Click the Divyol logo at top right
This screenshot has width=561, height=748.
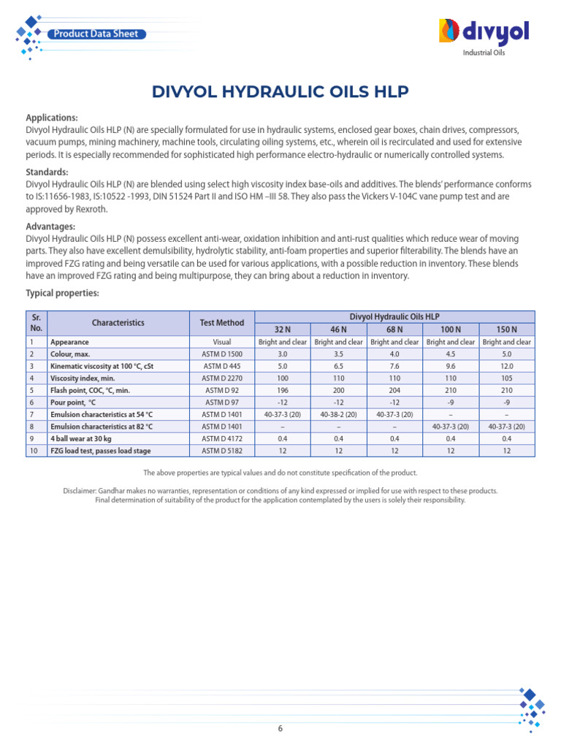pyautogui.click(x=483, y=33)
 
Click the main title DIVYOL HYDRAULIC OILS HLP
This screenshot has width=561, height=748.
pyautogui.click(x=280, y=91)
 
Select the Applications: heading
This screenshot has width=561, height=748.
pyautogui.click(x=52, y=118)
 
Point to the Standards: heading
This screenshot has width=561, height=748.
pyautogui.click(x=47, y=172)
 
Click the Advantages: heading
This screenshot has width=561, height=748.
pyautogui.click(x=50, y=226)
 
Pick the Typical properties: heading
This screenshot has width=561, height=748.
pyautogui.click(x=62, y=293)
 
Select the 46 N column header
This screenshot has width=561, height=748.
pyautogui.click(x=338, y=329)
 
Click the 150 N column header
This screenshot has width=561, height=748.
pyautogui.click(x=507, y=329)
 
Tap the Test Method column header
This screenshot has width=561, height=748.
pyautogui.click(x=222, y=323)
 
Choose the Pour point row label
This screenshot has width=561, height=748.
pyautogui.click(x=73, y=402)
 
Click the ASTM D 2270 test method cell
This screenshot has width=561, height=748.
pyautogui.click(x=222, y=378)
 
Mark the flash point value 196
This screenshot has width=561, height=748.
pyautogui.click(x=282, y=390)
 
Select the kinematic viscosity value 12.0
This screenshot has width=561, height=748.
pyautogui.click(x=507, y=366)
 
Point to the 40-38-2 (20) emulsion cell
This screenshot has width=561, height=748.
pyautogui.click(x=338, y=414)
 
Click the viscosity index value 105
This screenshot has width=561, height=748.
pyautogui.click(x=507, y=378)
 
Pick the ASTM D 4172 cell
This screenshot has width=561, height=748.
pyautogui.click(x=222, y=438)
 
